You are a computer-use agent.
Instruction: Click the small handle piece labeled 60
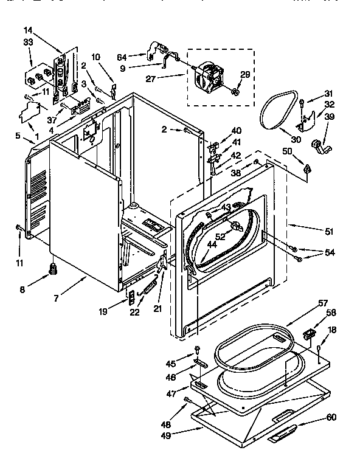click(282, 432)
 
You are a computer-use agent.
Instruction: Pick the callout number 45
click(170, 364)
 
